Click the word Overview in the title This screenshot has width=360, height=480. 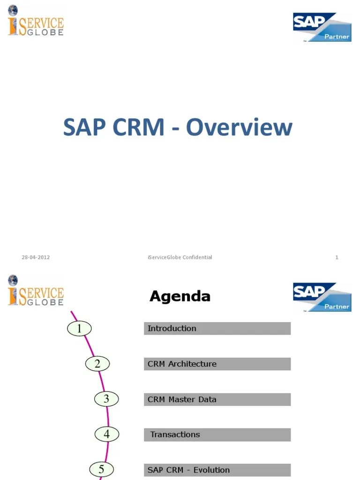click(x=239, y=128)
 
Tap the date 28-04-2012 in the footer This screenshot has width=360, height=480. click(x=36, y=257)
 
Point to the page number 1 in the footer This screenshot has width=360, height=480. click(x=337, y=257)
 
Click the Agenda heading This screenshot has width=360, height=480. click(x=180, y=296)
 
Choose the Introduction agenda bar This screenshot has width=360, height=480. click(x=217, y=328)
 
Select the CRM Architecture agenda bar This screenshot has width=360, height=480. click(x=217, y=364)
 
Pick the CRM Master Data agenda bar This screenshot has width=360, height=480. click(x=217, y=399)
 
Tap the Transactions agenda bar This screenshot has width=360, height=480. click(x=217, y=435)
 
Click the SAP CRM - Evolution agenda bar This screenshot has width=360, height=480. click(x=217, y=470)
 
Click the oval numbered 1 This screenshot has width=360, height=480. click(x=79, y=329)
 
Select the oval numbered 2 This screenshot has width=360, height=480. click(x=97, y=364)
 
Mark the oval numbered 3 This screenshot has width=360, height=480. click(x=106, y=399)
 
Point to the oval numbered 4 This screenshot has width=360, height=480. click(x=106, y=435)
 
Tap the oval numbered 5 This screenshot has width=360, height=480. click(x=101, y=469)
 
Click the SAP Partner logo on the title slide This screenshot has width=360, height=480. click(x=322, y=28)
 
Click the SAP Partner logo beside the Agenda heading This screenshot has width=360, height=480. click(x=322, y=297)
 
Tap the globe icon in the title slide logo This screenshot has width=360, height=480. click(x=13, y=10)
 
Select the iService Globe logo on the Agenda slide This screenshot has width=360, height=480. click(x=36, y=291)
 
